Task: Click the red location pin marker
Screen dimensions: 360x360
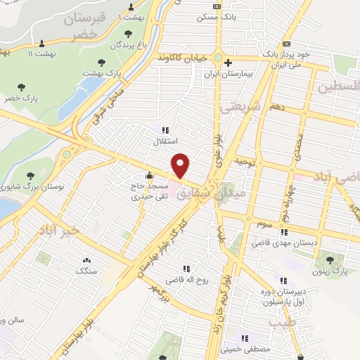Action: [181, 166]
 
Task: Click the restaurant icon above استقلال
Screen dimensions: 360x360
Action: [166, 129]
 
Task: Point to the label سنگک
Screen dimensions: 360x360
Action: [86, 270]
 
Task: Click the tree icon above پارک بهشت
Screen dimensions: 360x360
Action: [103, 63]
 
